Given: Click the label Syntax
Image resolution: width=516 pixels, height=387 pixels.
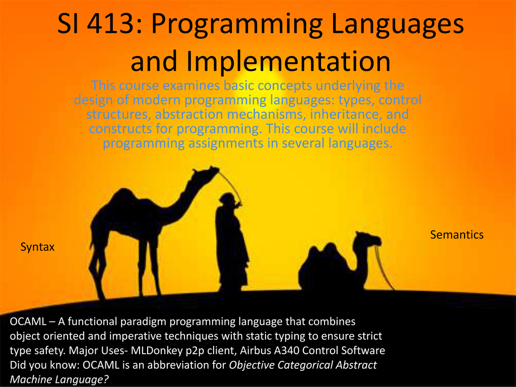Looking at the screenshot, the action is (37, 247).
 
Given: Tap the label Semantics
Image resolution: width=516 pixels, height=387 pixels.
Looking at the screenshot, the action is (457, 235).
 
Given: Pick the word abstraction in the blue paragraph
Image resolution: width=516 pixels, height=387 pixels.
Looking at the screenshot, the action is (189, 114).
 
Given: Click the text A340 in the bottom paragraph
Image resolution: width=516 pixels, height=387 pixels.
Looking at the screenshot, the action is (287, 351).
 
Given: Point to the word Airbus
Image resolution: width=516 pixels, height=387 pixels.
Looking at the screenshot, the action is (255, 351).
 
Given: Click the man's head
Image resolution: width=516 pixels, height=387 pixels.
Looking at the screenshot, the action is (227, 200).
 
